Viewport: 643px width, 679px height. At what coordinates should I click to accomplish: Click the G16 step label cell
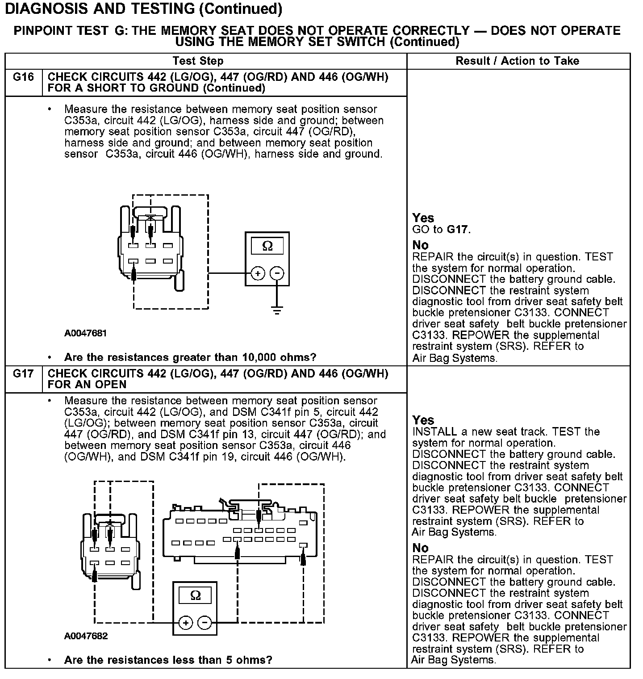(23, 78)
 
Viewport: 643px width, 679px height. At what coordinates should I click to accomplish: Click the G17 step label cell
(23, 374)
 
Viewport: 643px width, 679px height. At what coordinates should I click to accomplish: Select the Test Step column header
(198, 61)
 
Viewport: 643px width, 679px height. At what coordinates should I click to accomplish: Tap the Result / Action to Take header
(517, 61)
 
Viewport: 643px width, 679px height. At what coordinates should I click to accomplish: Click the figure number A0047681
(86, 333)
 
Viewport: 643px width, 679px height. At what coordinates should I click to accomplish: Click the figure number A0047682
(86, 636)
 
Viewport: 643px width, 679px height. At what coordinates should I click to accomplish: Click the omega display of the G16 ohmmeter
(267, 246)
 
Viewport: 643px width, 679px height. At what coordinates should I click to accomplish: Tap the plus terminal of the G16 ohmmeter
(258, 273)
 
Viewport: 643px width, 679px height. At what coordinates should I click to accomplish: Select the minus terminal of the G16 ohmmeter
(277, 273)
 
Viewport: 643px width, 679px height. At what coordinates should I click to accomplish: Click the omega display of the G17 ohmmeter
(195, 595)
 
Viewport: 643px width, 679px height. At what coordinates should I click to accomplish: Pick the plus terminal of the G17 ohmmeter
(186, 623)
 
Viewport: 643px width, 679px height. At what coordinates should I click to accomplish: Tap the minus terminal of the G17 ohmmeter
(205, 623)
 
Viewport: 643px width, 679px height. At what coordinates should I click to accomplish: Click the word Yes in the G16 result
(423, 218)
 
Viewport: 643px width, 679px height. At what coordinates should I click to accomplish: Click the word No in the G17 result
(420, 548)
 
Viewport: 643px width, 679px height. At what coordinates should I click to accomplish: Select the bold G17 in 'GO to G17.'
(458, 230)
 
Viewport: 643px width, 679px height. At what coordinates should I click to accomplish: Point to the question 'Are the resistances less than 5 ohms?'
(168, 660)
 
